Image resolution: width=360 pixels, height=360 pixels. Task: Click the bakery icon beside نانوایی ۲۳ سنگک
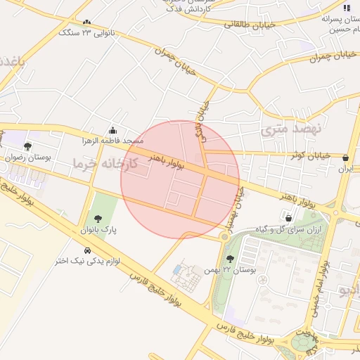[x=86, y=23]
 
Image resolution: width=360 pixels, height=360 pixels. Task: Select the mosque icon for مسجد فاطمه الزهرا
[x=113, y=131]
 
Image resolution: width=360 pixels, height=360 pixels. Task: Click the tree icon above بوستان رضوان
[x=27, y=147]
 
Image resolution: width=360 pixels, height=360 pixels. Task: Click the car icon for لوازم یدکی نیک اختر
[x=87, y=250]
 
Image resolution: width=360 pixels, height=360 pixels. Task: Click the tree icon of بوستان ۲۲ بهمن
[x=230, y=259]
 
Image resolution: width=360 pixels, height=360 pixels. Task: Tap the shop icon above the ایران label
[x=346, y=158]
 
